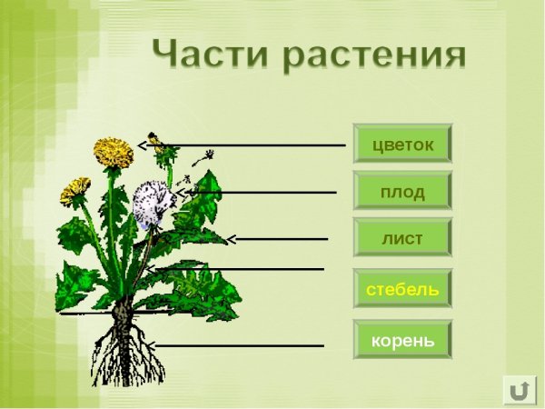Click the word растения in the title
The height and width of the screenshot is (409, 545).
(375, 55)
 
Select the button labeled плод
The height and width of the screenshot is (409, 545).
(402, 191)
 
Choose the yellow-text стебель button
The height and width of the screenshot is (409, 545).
(402, 289)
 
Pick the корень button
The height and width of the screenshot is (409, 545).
(402, 341)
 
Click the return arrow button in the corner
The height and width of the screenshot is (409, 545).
(519, 389)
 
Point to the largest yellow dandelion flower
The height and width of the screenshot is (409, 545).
(114, 151)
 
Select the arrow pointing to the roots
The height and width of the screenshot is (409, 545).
(236, 345)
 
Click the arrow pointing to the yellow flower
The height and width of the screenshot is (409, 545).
(245, 145)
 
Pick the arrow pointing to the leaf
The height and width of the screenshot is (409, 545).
(277, 239)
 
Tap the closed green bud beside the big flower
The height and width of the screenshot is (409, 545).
(167, 155)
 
